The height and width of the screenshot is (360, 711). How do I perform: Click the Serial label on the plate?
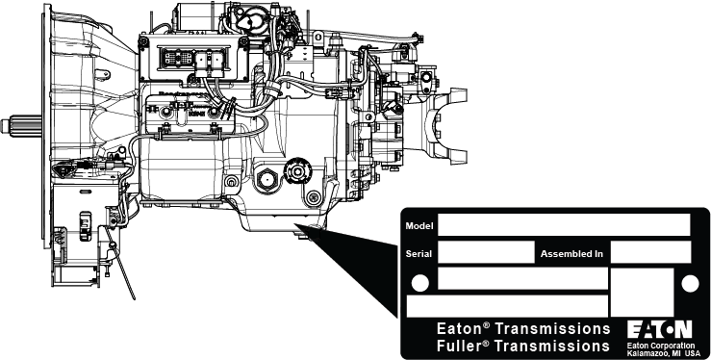(x=419, y=254)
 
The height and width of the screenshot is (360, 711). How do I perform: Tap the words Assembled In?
(x=571, y=254)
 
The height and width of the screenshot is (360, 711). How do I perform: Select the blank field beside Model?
(x=564, y=225)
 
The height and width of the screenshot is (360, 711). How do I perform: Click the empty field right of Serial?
(x=485, y=253)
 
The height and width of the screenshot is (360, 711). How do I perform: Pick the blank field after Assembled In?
(x=650, y=253)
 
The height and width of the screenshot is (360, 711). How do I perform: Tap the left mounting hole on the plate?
(x=419, y=283)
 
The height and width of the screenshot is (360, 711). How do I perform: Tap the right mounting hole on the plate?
(x=691, y=283)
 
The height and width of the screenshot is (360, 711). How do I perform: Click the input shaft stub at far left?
(x=21, y=126)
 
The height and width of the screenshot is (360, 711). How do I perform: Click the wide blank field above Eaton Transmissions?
(x=507, y=305)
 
